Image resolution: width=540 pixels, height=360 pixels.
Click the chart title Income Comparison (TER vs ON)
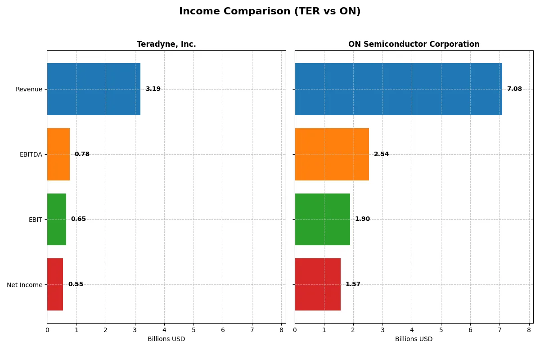(x=270, y=12)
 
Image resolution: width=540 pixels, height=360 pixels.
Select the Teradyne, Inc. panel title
(x=166, y=44)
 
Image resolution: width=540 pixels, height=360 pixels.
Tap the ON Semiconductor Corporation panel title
(x=414, y=44)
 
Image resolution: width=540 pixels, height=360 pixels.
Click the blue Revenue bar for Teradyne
(x=94, y=89)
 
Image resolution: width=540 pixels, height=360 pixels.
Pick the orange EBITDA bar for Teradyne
(x=58, y=154)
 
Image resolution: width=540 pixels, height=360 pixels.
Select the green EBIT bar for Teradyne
(x=57, y=219)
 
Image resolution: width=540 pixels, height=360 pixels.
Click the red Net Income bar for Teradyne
(x=55, y=284)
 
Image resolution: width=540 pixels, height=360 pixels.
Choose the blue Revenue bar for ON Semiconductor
(x=398, y=89)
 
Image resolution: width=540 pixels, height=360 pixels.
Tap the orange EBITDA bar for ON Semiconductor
(x=332, y=154)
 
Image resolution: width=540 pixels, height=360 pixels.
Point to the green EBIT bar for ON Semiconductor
(x=322, y=219)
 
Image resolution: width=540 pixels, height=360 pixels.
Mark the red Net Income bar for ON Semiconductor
(x=318, y=284)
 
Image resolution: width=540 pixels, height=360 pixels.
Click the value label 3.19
(x=153, y=89)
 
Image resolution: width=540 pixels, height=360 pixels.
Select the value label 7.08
(x=514, y=89)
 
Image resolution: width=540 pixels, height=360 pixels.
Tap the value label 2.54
(x=381, y=154)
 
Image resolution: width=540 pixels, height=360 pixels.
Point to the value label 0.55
(x=76, y=284)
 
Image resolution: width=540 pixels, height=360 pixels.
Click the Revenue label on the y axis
(x=29, y=89)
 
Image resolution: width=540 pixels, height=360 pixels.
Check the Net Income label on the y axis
(x=24, y=285)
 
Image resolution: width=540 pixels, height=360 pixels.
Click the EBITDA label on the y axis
(x=31, y=154)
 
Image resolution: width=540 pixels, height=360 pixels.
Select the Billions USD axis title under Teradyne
(x=166, y=339)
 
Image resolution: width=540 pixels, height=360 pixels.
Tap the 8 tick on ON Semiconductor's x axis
(x=529, y=330)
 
